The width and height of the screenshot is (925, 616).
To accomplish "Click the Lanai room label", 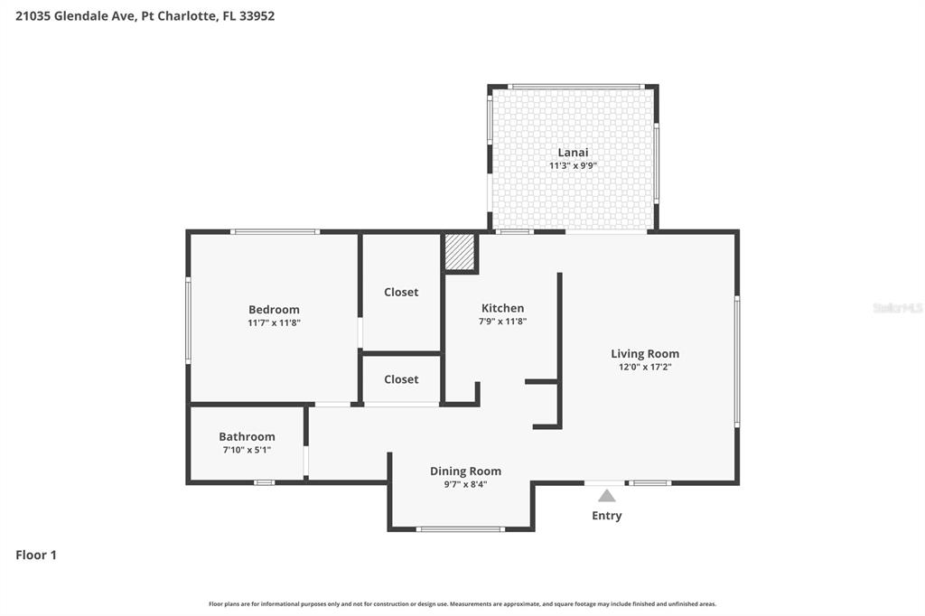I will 573,153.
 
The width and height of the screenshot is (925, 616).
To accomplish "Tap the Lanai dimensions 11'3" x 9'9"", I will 573,166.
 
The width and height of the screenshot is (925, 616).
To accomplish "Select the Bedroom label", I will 274,310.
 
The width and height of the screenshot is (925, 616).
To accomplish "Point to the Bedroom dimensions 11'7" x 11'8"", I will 274,322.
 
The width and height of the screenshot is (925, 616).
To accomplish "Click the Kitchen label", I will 502,308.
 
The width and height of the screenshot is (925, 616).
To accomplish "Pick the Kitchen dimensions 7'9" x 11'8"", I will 502,321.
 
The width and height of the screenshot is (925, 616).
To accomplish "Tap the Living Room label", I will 645,354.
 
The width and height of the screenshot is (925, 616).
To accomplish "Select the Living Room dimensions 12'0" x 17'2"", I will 645,367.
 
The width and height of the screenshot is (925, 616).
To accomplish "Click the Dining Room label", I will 465,471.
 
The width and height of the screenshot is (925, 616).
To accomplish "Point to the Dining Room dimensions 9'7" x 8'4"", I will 465,484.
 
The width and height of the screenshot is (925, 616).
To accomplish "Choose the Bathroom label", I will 247,437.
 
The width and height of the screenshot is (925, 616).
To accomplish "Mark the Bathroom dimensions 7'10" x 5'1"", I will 247,450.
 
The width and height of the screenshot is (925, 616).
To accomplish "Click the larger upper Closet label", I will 401,293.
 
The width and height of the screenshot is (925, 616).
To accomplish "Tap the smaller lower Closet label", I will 401,379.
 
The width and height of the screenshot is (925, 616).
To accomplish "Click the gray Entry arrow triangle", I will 606,496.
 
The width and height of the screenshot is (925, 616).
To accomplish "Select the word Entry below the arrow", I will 606,516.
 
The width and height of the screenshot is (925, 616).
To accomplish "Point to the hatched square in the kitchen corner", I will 460,252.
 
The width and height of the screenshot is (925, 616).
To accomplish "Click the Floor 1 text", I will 36,555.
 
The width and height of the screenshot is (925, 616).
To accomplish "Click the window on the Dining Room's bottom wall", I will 460,528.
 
